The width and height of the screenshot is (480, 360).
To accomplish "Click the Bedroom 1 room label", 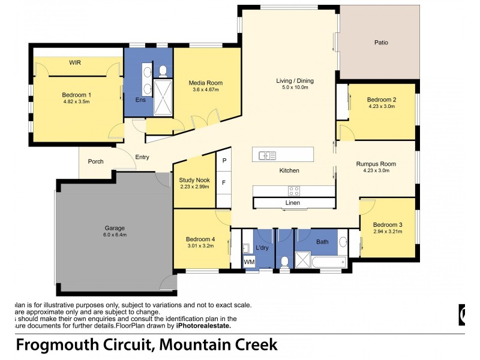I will pyautogui.click(x=76, y=94).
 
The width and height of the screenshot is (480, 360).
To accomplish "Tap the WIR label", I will pyautogui.click(x=75, y=62).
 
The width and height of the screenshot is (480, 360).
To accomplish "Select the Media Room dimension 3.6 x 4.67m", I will pyautogui.click(x=205, y=90).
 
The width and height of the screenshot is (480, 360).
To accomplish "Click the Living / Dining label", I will pyautogui.click(x=295, y=80).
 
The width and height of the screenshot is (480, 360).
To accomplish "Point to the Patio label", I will pyautogui.click(x=381, y=43).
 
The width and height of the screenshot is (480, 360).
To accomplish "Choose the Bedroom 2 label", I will pyautogui.click(x=382, y=100).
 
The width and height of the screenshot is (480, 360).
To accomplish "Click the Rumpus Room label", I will pyautogui.click(x=376, y=163).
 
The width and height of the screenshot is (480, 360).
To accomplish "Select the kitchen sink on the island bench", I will pyautogui.click(x=267, y=155).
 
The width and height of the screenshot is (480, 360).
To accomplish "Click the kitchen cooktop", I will pyautogui.click(x=294, y=191).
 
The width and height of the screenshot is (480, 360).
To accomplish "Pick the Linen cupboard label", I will pyautogui.click(x=292, y=203).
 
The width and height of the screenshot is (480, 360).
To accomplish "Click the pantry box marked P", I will pyautogui.click(x=224, y=161).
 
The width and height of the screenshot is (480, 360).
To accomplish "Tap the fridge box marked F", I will pyautogui.click(x=224, y=182).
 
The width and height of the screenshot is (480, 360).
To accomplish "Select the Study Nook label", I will pyautogui.click(x=194, y=179).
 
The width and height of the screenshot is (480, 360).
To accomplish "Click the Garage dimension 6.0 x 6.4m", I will pyautogui.click(x=115, y=235).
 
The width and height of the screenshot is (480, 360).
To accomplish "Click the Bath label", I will pyautogui.click(x=323, y=242).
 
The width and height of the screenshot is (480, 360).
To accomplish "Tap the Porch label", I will pyautogui.click(x=96, y=161).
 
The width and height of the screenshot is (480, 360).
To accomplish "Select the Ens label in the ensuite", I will pyautogui.click(x=140, y=100).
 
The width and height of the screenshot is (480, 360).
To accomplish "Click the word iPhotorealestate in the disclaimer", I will pyautogui.click(x=203, y=326).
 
